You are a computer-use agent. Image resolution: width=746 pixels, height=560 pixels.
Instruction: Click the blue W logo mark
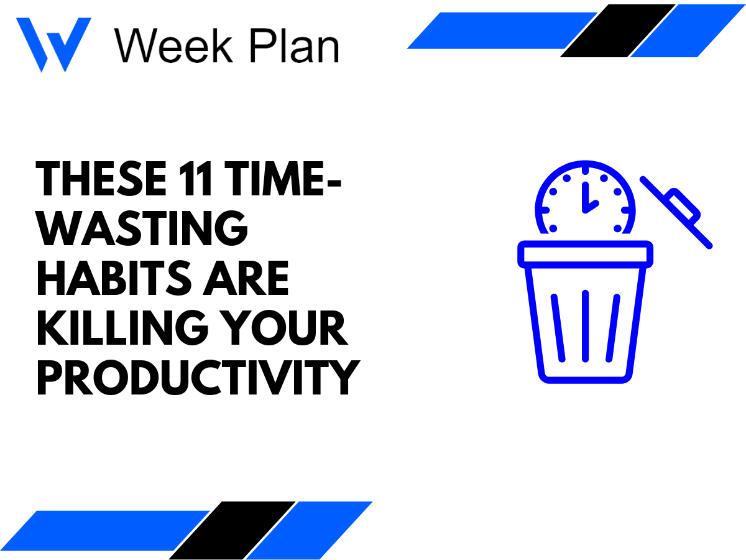click(x=53, y=44)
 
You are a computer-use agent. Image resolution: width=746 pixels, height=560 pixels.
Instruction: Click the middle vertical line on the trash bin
click(x=585, y=326)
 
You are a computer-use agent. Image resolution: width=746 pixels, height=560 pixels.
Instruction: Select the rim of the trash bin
click(x=585, y=254)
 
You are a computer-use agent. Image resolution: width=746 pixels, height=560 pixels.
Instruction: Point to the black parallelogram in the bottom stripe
click(x=233, y=530)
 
